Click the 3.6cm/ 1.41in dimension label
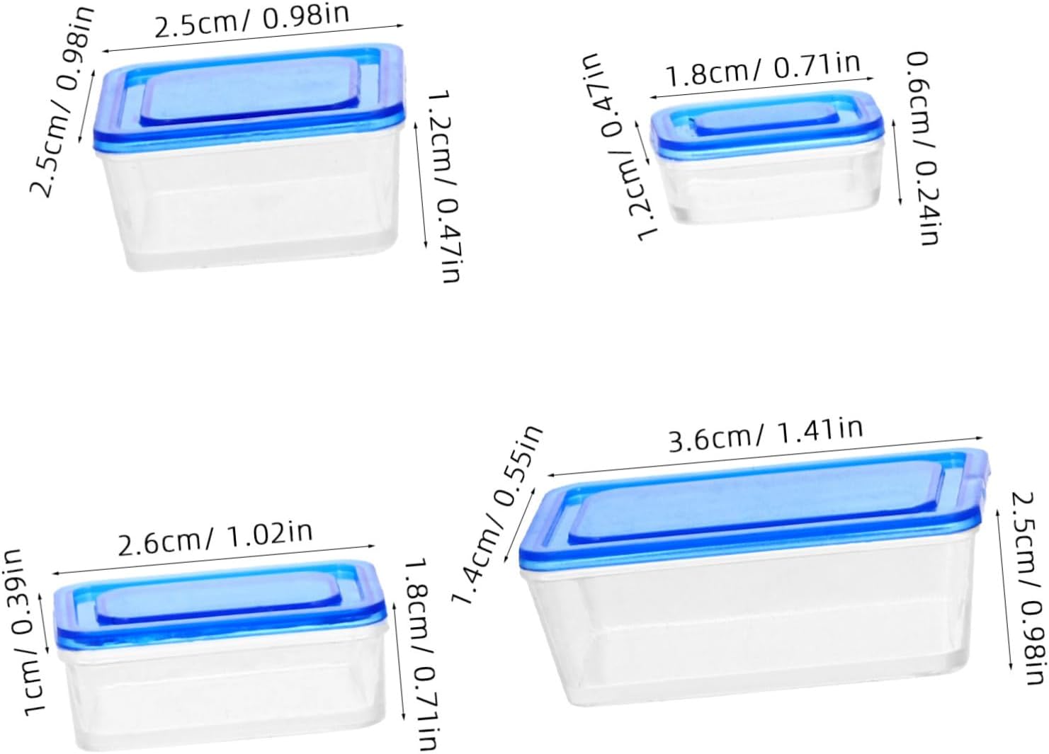(766, 436)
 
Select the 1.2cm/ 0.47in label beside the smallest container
(623, 146)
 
